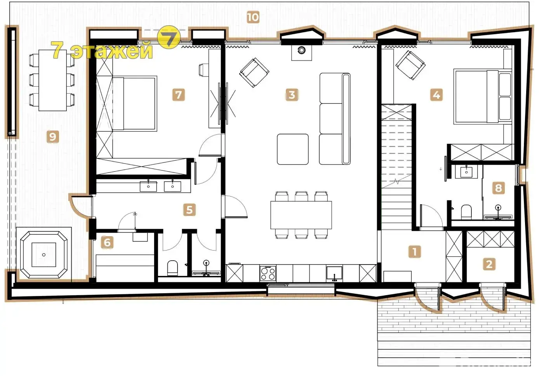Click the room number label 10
coord(253,17)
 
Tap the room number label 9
coord(53,137)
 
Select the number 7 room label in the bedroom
coord(179,95)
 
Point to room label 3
coord(292,95)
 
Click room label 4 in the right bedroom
coord(436,95)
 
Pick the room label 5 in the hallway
coord(190,210)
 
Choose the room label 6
coord(107,242)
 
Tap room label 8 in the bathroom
coord(498,188)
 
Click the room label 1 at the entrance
coord(415,252)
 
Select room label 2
coord(489,264)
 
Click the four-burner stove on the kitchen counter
coord(268,273)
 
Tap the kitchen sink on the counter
coord(334,273)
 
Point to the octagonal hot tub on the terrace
coord(44,255)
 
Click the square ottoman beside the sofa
coord(292,149)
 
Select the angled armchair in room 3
coord(254,73)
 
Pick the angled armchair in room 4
coord(410,65)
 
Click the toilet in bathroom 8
coord(466,212)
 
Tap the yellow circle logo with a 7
coord(169,37)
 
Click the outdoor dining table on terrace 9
coord(53,80)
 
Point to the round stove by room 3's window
coord(301,50)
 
